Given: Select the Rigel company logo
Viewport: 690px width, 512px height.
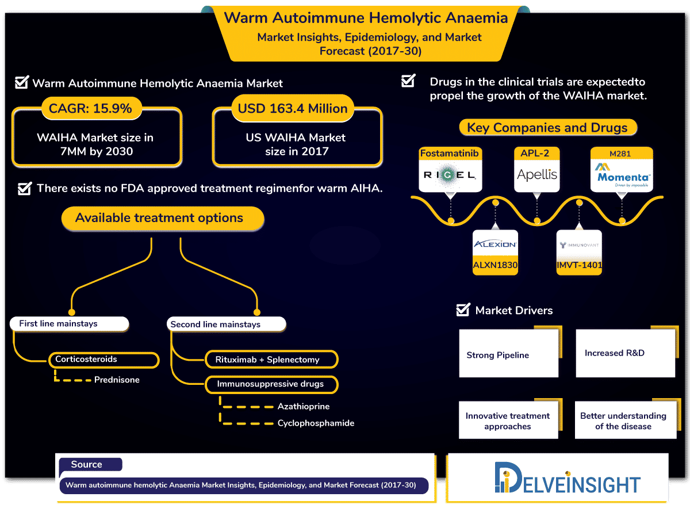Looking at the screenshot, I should pos(450,175).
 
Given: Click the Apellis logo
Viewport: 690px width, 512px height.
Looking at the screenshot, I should pos(537,175).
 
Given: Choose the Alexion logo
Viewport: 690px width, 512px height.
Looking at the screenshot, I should pos(494,245).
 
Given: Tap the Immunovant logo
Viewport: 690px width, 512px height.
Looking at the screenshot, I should pos(579,245).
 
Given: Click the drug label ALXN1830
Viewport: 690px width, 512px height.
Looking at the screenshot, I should pos(494,265).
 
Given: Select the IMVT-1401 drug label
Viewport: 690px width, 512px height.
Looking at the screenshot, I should pos(579,266).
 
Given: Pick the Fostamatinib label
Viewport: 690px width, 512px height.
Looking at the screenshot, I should pos(450,154).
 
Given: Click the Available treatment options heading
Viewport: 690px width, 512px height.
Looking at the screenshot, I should pos(159,219).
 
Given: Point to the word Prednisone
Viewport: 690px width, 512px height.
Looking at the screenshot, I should pos(117,380).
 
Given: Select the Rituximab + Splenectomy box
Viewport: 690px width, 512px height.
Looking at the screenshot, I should pos(271,360).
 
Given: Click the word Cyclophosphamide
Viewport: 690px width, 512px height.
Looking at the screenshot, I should pos(316,423).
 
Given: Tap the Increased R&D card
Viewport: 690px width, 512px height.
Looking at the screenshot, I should pos(625,353).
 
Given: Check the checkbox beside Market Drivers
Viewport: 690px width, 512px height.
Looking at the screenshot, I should pos(462,310).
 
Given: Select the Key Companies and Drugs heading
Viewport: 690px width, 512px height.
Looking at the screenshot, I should pos(547,128).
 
